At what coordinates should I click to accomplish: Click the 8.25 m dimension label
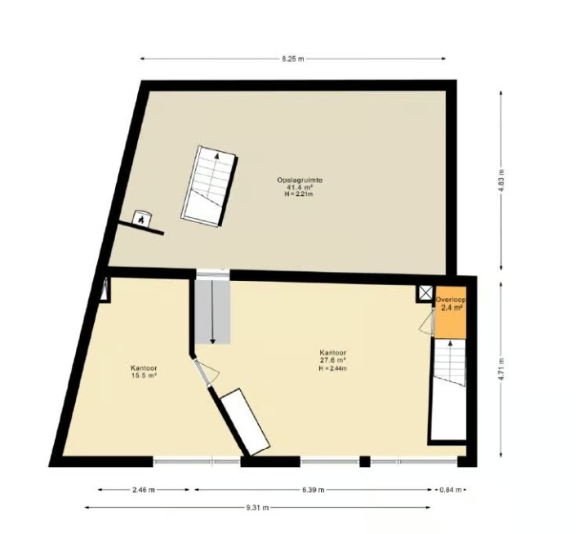click(x=292, y=59)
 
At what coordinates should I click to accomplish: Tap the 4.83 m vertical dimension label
click(x=501, y=181)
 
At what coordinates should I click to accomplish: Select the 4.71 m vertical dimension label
click(x=501, y=369)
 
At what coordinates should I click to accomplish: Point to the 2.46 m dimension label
click(x=143, y=490)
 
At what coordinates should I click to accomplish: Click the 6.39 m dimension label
click(x=313, y=490)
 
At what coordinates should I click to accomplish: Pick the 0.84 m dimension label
click(x=450, y=490)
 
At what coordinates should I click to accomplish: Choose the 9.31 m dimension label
click(x=257, y=507)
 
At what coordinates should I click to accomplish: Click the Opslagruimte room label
click(x=300, y=180)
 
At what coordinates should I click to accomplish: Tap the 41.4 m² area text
click(x=300, y=187)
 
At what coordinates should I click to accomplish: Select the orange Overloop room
click(x=451, y=313)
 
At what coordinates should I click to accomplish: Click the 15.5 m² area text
click(x=144, y=376)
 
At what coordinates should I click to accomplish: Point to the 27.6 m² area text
click(x=333, y=359)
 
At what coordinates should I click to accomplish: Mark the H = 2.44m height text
click(x=333, y=368)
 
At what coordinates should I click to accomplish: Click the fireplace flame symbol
click(x=141, y=220)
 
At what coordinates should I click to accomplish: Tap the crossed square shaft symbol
click(x=425, y=293)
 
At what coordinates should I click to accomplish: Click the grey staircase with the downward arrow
click(x=212, y=312)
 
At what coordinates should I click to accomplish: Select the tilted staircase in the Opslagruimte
click(x=209, y=186)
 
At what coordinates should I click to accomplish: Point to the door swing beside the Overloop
click(x=427, y=322)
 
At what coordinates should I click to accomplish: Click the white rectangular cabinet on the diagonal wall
click(x=245, y=421)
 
